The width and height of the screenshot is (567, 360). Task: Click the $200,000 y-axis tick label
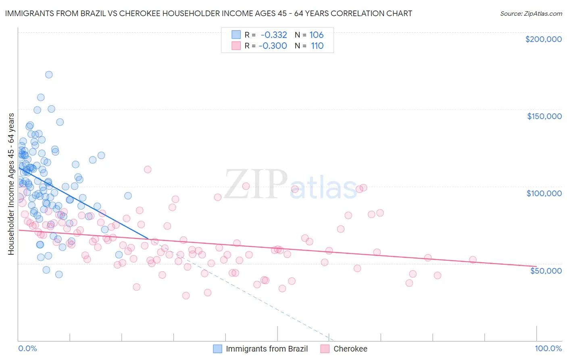point(543,39)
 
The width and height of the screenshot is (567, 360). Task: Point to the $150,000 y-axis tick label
point(544,116)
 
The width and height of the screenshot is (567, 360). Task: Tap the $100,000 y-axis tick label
point(544,193)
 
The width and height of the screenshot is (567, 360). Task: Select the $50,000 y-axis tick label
point(546,270)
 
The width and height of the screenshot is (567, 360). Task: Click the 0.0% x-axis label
point(27,349)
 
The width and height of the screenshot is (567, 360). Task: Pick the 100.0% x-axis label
point(548,349)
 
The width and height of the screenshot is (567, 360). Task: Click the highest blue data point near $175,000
point(49,75)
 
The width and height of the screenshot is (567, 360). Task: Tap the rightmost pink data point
point(473,260)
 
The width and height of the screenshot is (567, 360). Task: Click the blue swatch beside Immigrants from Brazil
point(217,349)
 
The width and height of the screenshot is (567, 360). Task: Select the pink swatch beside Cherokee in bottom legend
point(325,349)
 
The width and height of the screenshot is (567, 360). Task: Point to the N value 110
point(317,46)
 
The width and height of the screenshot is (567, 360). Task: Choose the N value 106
point(317,35)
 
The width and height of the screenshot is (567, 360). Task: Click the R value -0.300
point(273,46)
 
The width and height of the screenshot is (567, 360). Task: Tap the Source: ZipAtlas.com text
point(531,14)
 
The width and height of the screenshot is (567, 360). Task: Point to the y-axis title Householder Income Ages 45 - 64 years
point(11,184)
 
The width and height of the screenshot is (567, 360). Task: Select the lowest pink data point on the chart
point(186,296)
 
